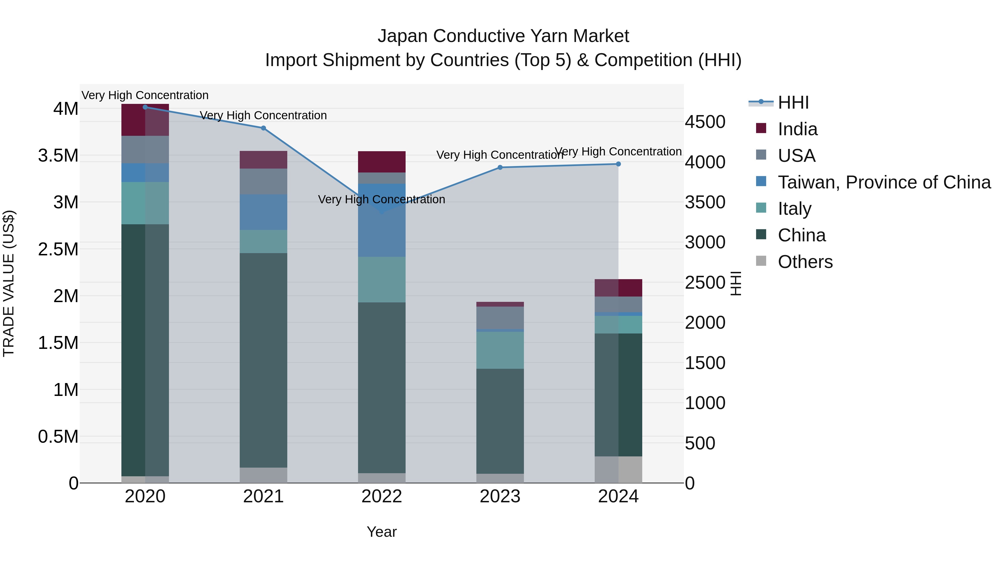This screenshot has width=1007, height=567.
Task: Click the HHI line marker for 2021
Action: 263,128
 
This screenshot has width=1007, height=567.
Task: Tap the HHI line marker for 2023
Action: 500,167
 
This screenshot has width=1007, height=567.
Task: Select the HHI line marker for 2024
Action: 618,164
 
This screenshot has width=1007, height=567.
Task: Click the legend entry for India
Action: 797,129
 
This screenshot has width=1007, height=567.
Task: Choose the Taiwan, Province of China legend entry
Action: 883,182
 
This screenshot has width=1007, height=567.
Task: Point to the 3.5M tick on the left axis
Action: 58,156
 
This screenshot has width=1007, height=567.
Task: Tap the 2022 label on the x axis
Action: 382,496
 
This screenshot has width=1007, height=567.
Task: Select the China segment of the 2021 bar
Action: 263,360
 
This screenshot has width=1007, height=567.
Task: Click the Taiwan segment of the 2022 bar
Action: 382,220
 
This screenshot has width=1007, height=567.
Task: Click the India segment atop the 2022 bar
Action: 382,162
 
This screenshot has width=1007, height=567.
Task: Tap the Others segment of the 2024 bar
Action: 618,469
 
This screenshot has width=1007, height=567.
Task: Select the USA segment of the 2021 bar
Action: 263,181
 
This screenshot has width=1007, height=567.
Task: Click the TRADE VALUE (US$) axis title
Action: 9,283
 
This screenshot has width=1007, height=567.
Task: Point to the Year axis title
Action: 382,532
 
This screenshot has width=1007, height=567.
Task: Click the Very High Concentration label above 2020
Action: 145,95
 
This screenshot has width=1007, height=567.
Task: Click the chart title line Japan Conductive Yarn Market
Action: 503,36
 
